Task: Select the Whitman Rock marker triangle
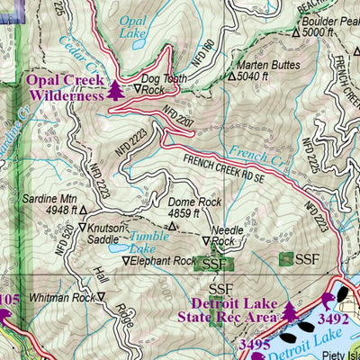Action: click(x=101, y=295)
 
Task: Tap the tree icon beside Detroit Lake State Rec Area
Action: click(x=289, y=310)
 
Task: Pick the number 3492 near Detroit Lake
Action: click(x=334, y=318)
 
